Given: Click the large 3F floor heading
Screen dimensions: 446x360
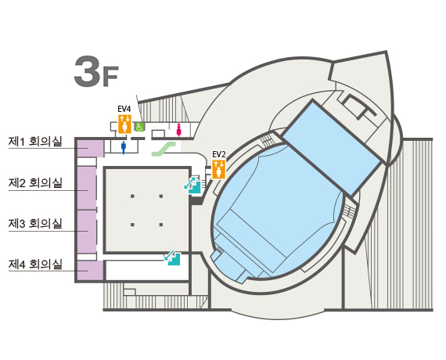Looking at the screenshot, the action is point(96,72).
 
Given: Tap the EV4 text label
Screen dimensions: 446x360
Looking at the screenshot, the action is point(124,109).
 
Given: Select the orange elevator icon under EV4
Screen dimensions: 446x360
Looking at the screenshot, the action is point(124,124).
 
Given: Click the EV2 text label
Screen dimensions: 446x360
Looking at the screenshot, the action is point(219,154).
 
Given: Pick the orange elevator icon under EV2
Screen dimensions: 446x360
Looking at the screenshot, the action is point(219,169).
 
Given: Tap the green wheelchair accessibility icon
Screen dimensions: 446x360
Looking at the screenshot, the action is point(139,126).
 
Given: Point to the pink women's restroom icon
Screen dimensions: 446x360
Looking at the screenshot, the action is point(179,130).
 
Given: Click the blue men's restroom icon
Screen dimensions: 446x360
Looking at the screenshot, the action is point(124,147).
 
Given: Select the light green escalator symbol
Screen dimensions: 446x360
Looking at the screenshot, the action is point(164,149).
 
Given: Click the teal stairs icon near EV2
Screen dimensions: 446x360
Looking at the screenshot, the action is point(192,184).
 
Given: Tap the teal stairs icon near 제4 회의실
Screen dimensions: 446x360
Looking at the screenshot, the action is point(172,257).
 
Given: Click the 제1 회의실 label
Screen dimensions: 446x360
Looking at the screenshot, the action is point(35,142).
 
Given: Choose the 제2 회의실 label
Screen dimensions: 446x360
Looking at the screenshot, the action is point(35,182).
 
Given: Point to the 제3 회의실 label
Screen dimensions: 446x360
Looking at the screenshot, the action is point(35,223).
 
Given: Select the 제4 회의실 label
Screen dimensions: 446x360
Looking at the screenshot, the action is point(35,264).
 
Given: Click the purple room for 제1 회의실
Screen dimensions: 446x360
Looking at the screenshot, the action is point(91,148).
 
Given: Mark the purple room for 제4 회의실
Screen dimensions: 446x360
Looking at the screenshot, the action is point(91,270).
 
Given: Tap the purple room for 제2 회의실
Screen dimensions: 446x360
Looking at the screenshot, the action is point(87,188).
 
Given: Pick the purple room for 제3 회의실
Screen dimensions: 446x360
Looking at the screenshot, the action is point(87,232).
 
